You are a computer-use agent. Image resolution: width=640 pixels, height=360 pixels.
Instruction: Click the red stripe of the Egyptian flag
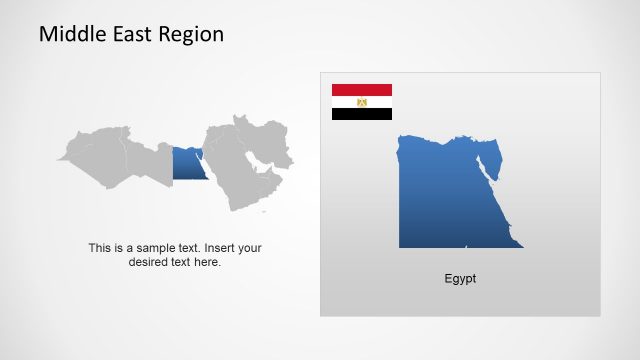[362, 90]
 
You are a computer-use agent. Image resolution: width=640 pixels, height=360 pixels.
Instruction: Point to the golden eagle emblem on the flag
[362, 102]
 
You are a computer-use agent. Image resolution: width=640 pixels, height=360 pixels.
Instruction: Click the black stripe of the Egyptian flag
[362, 114]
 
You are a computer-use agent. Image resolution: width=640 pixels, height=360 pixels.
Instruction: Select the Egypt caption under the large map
[460, 279]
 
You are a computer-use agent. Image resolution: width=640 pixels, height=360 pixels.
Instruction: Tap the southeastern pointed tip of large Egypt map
[521, 246]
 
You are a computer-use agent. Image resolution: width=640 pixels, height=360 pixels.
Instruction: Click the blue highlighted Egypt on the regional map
[186, 164]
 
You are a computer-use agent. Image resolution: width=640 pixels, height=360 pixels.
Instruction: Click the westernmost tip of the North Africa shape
[59, 158]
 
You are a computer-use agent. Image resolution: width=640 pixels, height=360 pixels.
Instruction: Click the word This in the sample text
[99, 248]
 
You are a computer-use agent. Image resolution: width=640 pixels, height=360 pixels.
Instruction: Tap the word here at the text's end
[207, 262]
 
